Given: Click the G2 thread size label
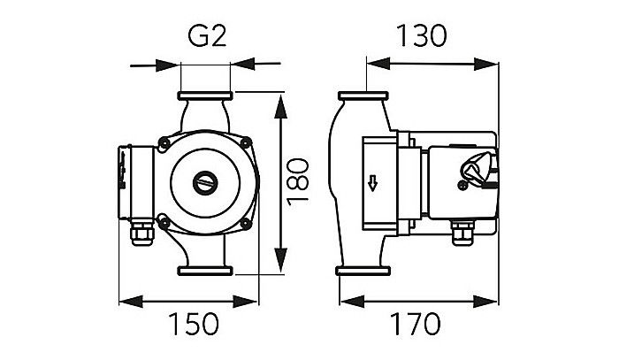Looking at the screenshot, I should (206, 37).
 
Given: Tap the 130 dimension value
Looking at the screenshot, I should (419, 36).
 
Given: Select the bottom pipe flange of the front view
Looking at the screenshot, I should (206, 270).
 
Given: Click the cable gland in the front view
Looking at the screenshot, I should (142, 237).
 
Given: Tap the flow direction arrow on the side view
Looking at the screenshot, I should (372, 184).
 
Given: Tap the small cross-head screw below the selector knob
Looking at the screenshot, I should (463, 187).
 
